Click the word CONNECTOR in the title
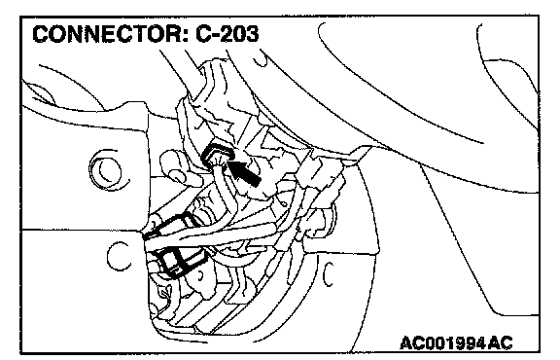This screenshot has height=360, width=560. (107, 34)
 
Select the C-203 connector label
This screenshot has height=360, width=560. (227, 34)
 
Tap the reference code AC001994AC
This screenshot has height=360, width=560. (456, 343)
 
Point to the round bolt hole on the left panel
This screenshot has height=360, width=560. (106, 170)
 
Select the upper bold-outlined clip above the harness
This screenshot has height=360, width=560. (171, 225)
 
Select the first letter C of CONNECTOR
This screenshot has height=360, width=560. (41, 34)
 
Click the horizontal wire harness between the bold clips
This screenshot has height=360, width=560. (214, 236)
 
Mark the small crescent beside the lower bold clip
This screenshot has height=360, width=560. (200, 276)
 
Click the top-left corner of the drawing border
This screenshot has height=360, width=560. (20, 17)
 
